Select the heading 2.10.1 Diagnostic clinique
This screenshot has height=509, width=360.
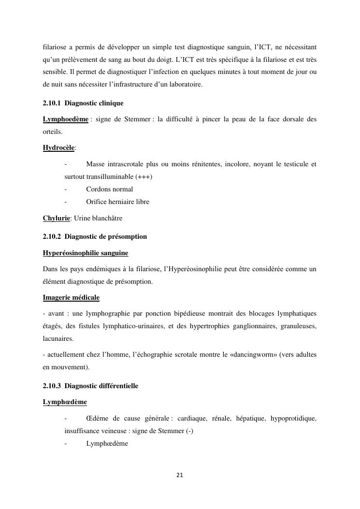[x=83, y=103]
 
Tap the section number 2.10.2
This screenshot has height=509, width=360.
[x=52, y=236]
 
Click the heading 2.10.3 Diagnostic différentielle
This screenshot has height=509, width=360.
[x=90, y=386]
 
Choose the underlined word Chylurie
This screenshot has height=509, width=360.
[x=57, y=218]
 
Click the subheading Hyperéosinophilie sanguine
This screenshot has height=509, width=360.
[x=86, y=253]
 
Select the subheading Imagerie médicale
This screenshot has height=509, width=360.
[x=71, y=297]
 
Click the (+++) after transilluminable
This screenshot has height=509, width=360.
[x=144, y=176]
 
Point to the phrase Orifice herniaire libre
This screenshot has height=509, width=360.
[x=117, y=202]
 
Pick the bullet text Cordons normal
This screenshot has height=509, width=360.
[x=109, y=189]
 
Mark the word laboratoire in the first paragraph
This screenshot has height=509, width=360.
[x=180, y=85]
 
